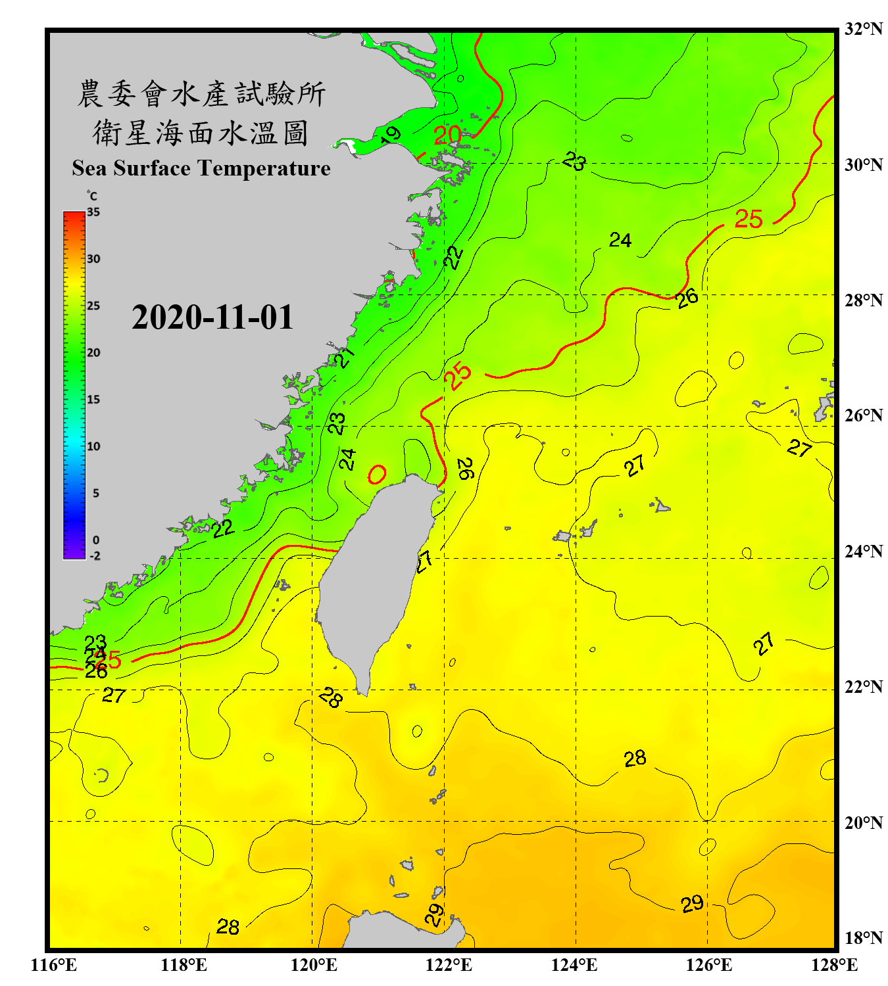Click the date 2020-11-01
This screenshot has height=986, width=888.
pos(212,317)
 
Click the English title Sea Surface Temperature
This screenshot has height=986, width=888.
pos(201,168)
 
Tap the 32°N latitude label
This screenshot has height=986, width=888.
pos(863,29)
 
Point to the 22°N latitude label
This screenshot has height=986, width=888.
pos(863,687)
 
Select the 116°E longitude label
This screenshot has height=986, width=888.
pos(54,965)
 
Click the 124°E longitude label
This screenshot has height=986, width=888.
pos(574,965)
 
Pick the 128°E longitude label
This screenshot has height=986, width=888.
pos(834,965)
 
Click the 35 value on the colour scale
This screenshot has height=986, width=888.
pos(93,212)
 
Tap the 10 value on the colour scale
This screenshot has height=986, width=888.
pos(93,446)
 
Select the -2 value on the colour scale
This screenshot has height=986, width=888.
pos(95,555)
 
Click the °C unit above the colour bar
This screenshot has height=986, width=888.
pos(92,196)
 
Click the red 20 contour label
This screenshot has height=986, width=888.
pos(447,135)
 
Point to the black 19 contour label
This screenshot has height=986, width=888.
pos(391,135)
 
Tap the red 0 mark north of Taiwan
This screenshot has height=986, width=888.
pos(377,474)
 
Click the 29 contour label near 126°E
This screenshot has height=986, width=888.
pos(692,904)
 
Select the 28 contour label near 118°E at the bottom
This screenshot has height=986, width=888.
pos(228,927)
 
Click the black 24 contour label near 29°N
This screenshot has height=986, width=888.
pos(620,241)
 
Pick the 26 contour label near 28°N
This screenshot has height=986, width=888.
pos(687,298)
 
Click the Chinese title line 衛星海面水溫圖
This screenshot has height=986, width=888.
pos(201,133)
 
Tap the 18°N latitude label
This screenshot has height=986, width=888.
pos(863,938)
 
